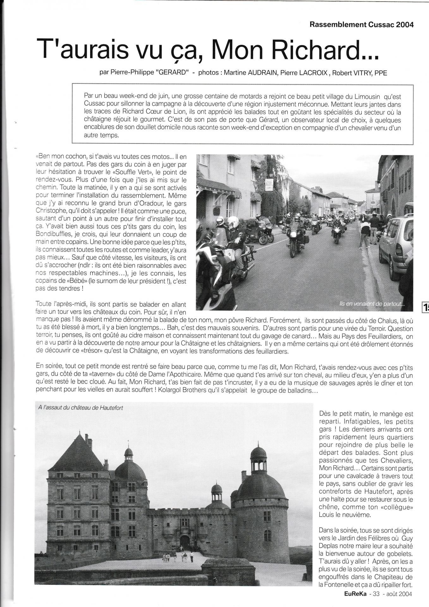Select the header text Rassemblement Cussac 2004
point(362,25)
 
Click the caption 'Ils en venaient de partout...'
point(371,304)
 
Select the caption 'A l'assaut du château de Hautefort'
point(80,408)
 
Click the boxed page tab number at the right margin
point(426,307)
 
